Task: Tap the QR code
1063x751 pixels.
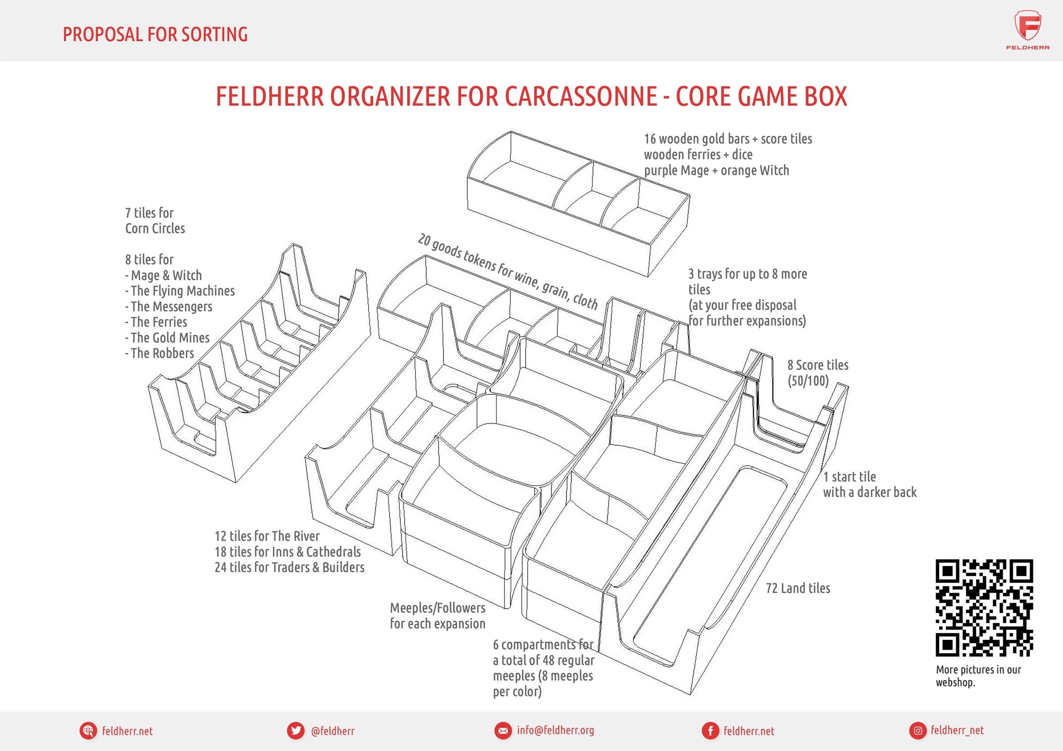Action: click(x=984, y=608)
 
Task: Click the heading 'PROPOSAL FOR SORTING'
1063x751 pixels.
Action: click(x=155, y=35)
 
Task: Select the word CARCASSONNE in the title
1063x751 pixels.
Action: click(x=581, y=96)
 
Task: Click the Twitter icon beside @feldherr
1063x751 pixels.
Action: click(x=295, y=730)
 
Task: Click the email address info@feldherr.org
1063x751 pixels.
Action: click(x=555, y=730)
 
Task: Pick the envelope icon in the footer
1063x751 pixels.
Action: click(x=502, y=731)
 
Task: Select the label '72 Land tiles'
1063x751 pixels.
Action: click(x=798, y=588)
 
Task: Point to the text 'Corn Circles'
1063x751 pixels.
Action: click(x=155, y=228)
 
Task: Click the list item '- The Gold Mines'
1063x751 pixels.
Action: click(x=167, y=337)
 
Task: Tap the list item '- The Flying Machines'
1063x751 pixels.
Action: click(x=180, y=291)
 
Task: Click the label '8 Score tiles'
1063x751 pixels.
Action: click(x=818, y=365)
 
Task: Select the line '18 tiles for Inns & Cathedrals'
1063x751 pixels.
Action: click(x=287, y=551)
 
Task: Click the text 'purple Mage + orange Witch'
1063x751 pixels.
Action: click(x=716, y=170)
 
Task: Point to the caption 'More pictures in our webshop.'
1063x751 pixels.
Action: click(x=978, y=676)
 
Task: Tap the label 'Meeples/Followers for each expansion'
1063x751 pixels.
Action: click(x=438, y=616)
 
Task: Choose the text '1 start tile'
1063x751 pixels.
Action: click(x=849, y=477)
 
